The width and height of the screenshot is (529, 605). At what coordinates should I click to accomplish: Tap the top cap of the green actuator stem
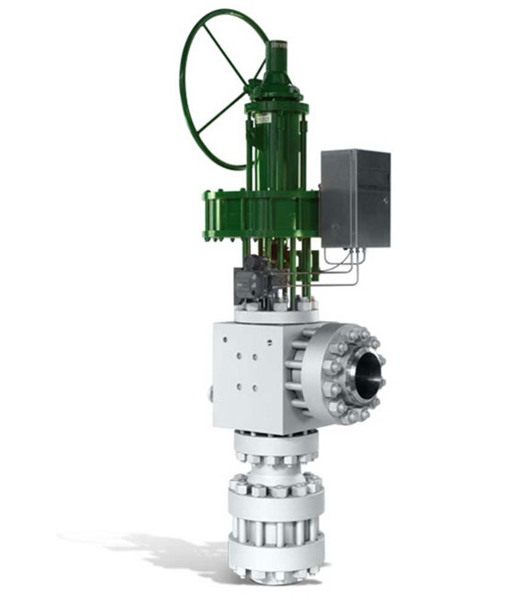click(x=276, y=43)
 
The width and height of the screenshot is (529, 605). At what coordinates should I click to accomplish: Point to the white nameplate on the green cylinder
click(x=264, y=119)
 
